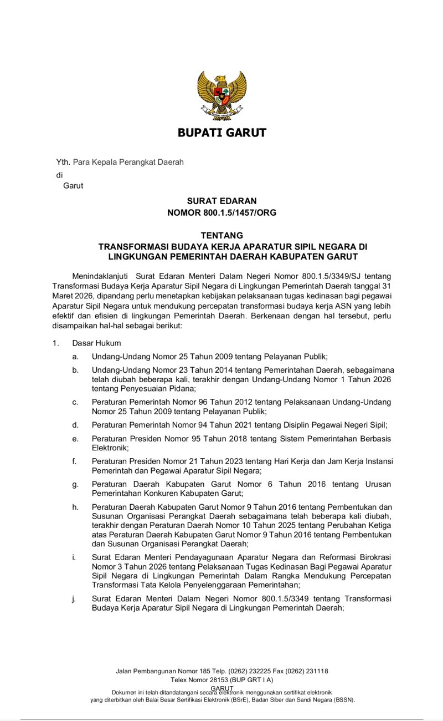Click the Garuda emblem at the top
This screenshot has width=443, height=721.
221,95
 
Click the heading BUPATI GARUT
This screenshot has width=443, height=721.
221,133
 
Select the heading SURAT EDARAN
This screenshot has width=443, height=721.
221,201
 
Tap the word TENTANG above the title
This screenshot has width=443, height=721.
221,236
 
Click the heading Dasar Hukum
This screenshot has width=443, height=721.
96,343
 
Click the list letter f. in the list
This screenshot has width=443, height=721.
74,461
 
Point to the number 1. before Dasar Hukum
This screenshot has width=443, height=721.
55,343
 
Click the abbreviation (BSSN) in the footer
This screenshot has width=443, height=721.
343,700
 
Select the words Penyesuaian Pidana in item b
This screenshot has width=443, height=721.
145,388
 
